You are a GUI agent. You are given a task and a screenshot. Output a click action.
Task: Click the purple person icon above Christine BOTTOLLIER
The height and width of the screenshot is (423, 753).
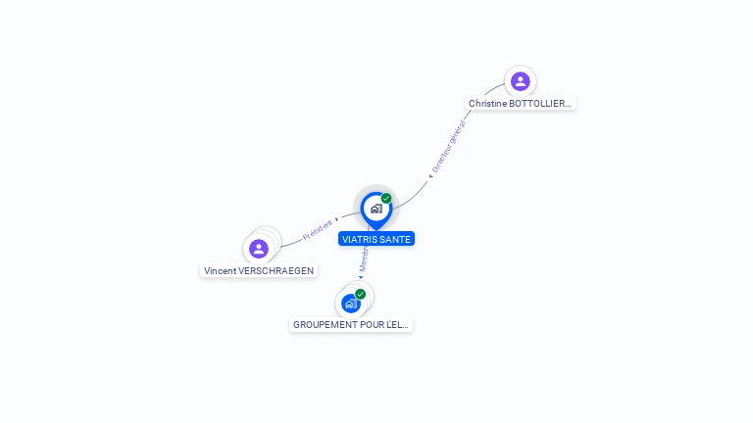[520, 81]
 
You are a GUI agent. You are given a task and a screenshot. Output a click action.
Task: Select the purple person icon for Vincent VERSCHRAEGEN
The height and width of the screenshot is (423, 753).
[259, 249]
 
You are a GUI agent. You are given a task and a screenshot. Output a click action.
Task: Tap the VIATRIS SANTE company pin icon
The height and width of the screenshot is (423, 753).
[376, 209]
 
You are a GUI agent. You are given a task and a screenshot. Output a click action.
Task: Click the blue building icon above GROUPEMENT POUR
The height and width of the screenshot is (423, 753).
[350, 304]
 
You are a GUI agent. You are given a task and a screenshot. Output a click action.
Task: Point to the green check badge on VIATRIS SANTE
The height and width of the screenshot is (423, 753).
[386, 199]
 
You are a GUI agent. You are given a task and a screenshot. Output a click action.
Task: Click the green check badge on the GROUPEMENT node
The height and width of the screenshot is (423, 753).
[360, 294]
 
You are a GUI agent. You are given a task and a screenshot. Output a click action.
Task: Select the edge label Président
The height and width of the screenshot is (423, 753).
[318, 229]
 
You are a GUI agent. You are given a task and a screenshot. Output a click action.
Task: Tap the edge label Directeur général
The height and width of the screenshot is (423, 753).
[449, 146]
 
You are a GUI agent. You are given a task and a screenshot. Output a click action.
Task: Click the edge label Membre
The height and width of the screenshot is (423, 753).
[363, 259]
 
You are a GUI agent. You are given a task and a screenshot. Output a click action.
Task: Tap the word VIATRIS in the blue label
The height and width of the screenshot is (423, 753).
[360, 239]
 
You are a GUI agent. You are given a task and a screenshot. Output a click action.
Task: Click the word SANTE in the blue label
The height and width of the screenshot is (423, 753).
[396, 239]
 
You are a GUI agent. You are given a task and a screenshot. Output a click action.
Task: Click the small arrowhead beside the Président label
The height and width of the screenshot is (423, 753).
[337, 220]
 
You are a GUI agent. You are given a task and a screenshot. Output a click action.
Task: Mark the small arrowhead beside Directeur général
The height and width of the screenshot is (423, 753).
[430, 176]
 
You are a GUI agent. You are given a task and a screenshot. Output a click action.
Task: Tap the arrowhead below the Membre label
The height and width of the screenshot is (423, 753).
[361, 277]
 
